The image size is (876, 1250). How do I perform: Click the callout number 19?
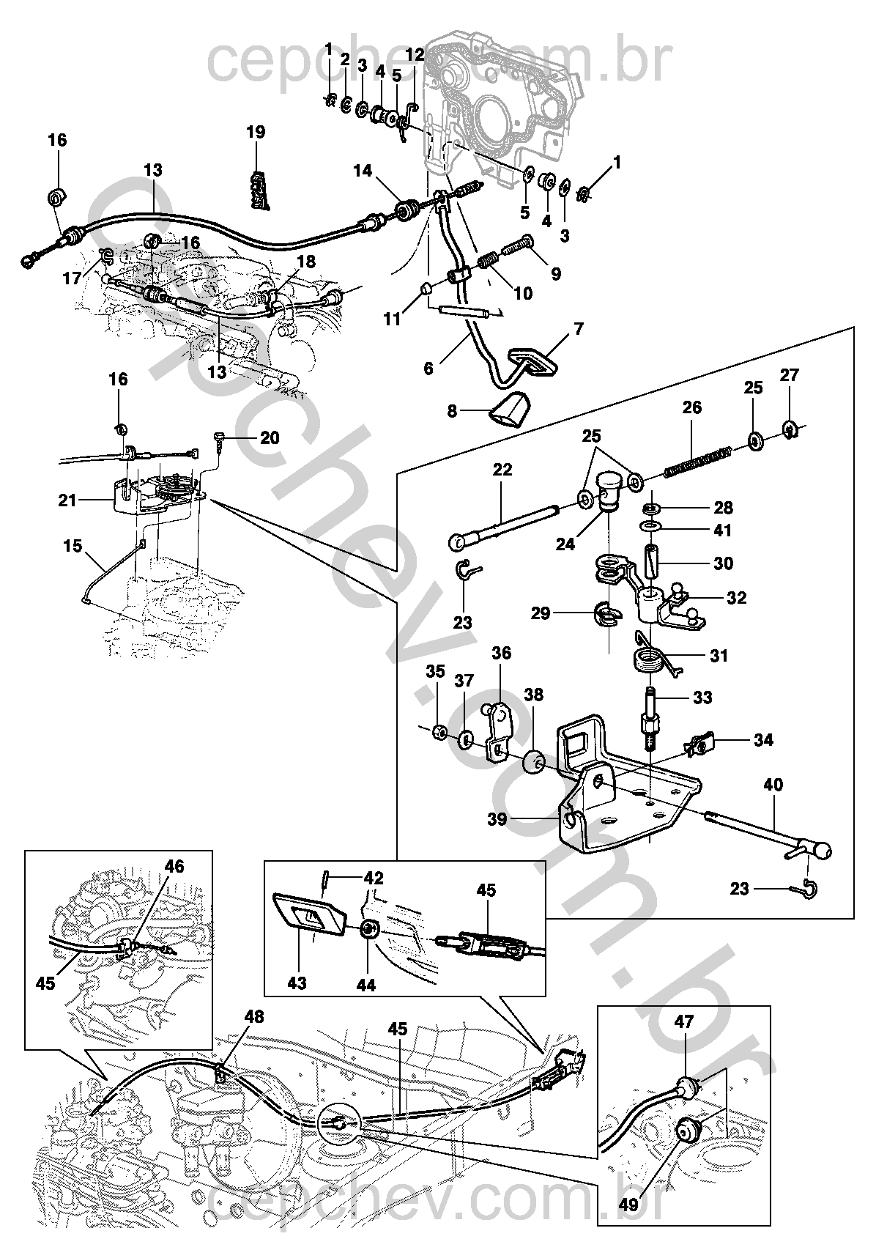(255, 133)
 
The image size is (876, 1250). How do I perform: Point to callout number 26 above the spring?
(691, 407)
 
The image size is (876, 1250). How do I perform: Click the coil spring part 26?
(698, 461)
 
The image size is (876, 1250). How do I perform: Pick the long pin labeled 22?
(505, 526)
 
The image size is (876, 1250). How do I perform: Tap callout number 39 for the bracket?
(497, 818)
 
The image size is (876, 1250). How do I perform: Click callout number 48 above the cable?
(254, 1017)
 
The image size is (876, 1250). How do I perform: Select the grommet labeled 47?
(687, 1087)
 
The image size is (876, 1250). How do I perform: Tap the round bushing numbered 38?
(533, 762)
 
